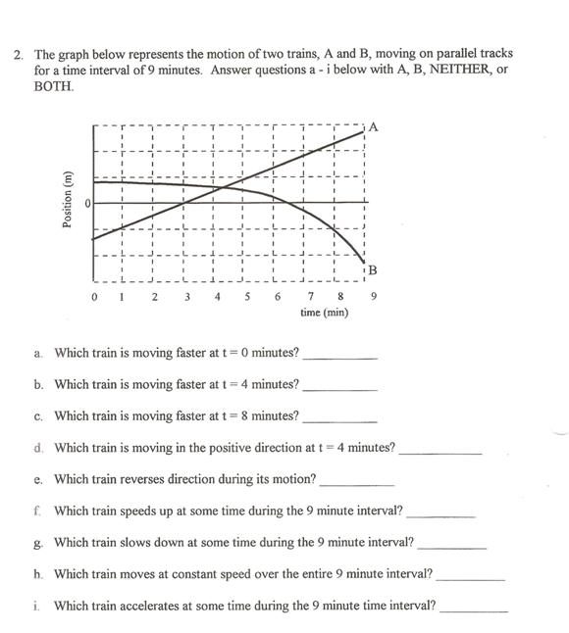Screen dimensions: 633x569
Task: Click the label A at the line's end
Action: point(374,126)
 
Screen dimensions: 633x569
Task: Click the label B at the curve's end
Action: point(373,269)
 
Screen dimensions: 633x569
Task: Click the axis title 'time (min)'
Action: point(325,313)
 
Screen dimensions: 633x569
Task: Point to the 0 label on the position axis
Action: point(86,203)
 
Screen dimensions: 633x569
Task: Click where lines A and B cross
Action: point(225,186)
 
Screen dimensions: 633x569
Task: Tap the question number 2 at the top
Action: point(17,54)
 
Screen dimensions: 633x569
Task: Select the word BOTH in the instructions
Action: point(53,86)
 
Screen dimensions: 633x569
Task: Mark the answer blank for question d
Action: point(440,451)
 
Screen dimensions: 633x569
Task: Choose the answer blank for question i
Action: point(475,609)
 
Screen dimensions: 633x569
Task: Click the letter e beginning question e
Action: point(37,480)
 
